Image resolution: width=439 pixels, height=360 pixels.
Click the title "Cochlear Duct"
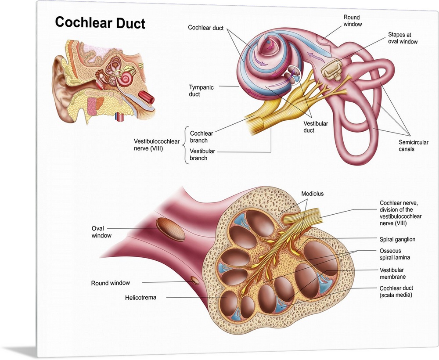(x=100, y=22)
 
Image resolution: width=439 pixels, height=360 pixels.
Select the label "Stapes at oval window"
(x=403, y=38)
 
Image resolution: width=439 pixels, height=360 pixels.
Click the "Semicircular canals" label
(x=413, y=146)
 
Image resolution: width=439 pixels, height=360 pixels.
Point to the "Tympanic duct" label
(x=201, y=90)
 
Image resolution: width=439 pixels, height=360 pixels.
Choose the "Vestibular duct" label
(x=315, y=127)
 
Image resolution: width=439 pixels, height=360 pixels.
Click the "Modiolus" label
(x=312, y=194)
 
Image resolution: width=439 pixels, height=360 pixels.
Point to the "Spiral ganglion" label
(x=397, y=239)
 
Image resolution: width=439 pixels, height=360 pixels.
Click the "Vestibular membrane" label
(x=392, y=274)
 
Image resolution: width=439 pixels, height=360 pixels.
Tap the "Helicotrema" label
(x=141, y=298)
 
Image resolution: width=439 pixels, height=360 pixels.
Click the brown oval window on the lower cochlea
(x=171, y=229)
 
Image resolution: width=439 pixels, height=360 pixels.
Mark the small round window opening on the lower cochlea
(x=194, y=280)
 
